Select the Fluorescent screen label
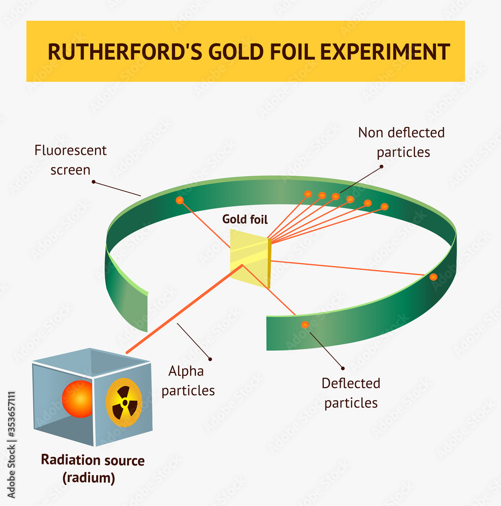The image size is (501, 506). pyautogui.click(x=70, y=160)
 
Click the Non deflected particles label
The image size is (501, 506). pyautogui.click(x=402, y=142)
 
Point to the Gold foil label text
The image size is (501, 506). pyautogui.click(x=245, y=219)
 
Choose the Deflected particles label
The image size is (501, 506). pyautogui.click(x=351, y=393)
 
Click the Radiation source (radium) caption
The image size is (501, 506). pyautogui.click(x=93, y=468)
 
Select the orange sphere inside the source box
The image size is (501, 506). pyautogui.click(x=78, y=399)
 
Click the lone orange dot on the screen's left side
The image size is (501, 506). pyautogui.click(x=180, y=200)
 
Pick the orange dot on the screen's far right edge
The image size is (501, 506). pyautogui.click(x=433, y=277)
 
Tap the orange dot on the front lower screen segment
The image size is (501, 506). pyautogui.click(x=305, y=325)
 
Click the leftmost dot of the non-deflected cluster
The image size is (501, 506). pyautogui.click(x=308, y=194)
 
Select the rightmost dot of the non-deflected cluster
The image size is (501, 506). pyautogui.click(x=384, y=206)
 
